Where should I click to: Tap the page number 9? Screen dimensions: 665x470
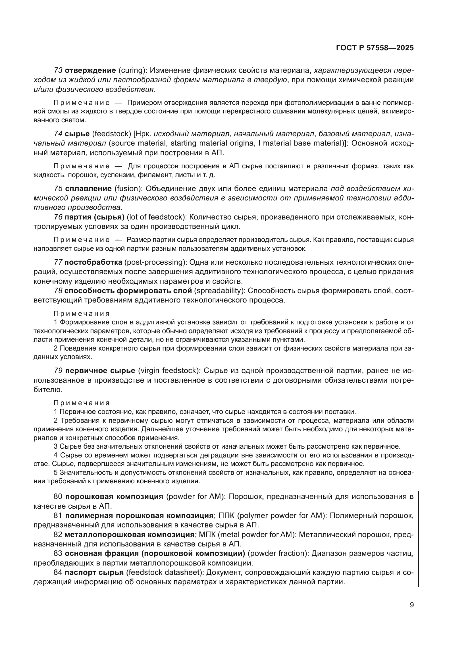411,605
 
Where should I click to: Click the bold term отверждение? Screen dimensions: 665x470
90,71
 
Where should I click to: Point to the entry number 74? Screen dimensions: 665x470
58,134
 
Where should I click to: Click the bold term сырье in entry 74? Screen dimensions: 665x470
77,134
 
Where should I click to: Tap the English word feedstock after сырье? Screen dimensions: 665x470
112,134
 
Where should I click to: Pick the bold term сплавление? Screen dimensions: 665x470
88,189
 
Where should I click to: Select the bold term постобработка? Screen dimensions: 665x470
93,262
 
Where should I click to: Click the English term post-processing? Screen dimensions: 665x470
155,262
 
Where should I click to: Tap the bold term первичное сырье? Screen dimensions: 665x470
100,371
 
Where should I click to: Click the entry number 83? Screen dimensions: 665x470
58,554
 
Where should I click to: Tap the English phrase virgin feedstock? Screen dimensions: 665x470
169,371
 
